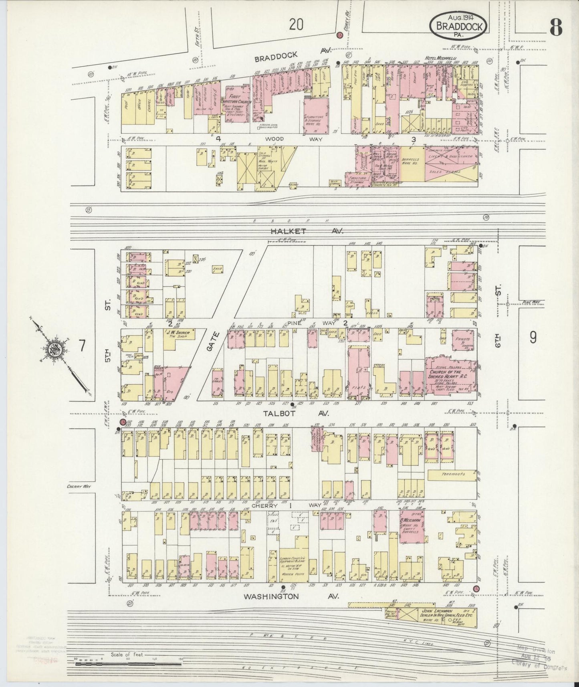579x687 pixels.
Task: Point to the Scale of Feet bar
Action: pos(128,664)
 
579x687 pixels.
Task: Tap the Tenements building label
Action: pos(453,474)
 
